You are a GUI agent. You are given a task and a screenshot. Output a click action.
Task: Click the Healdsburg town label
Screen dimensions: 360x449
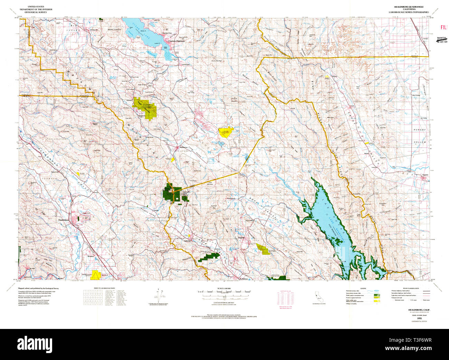64,220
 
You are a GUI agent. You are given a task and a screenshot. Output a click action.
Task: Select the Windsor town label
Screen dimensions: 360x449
91,256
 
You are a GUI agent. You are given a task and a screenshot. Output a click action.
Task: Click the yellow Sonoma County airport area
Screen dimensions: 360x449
96,275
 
